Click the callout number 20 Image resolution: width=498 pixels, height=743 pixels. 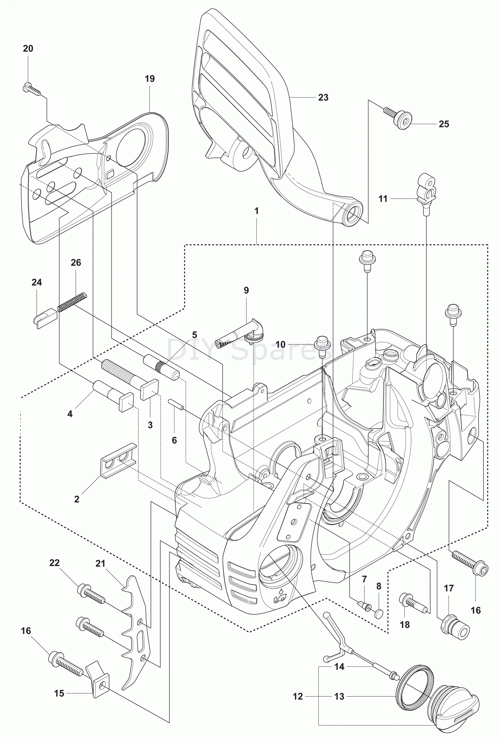(28, 48)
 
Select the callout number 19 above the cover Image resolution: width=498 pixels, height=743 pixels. (150, 79)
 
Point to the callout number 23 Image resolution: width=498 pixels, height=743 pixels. (323, 98)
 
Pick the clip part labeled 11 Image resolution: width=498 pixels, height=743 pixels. (426, 190)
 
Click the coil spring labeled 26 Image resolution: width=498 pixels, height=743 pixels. (72, 301)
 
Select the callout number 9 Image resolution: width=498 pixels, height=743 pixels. (246, 290)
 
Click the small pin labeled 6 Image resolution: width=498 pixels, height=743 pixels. (176, 404)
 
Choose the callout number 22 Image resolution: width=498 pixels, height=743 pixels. (54, 563)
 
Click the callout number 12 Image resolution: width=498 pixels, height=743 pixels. (298, 696)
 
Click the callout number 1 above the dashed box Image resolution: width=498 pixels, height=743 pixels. (256, 211)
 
